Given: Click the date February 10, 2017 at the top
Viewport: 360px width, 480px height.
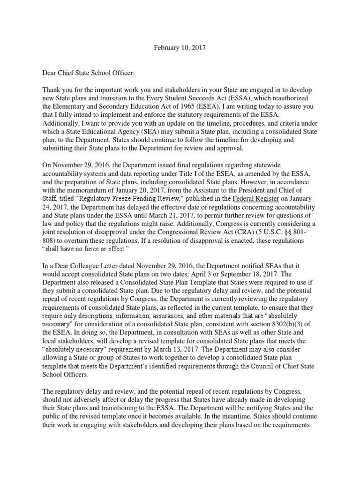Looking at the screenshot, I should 180,48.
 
